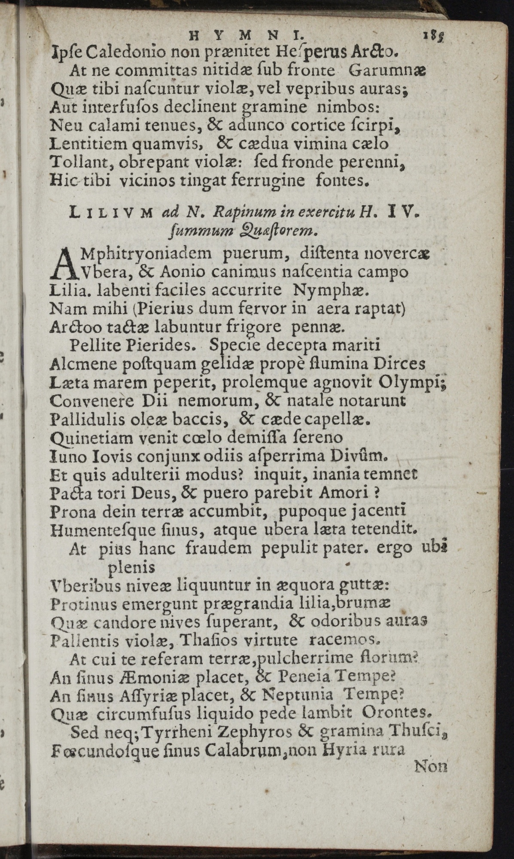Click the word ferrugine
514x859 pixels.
pos(268,180)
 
